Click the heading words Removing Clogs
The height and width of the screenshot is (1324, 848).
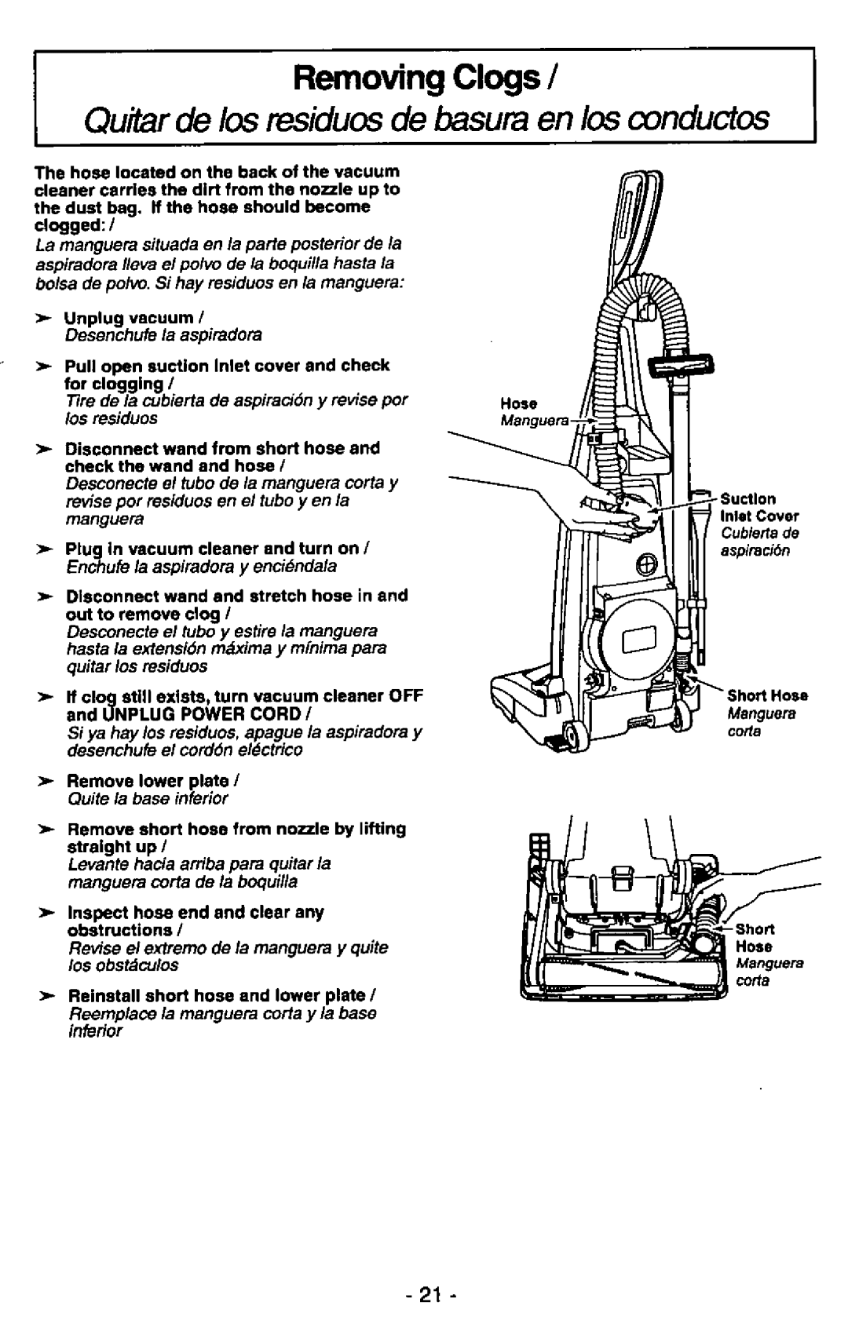click(x=415, y=78)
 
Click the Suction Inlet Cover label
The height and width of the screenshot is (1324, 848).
click(x=759, y=507)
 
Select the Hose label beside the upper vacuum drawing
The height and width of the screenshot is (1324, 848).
click(x=519, y=403)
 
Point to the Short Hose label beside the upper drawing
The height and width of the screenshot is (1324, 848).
click(x=768, y=695)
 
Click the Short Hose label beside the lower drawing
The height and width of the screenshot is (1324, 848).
click(x=755, y=937)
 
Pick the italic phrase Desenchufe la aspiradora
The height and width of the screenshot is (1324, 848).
click(x=163, y=336)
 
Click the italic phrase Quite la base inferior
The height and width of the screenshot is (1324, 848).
click(x=148, y=799)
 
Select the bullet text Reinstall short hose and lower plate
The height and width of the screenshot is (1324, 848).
click(x=220, y=997)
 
